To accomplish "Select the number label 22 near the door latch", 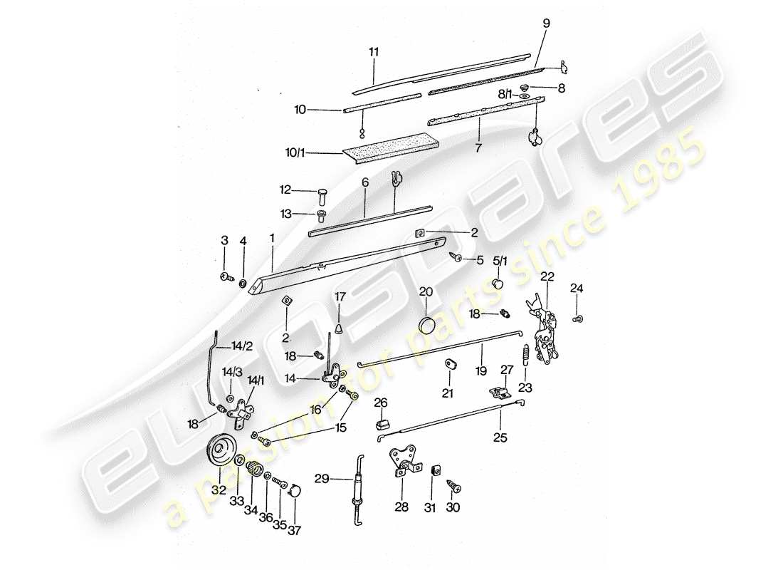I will click(547, 277).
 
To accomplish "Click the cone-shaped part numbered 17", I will click(340, 328).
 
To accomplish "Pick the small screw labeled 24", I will click(577, 318).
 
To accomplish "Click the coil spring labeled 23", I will click(525, 353).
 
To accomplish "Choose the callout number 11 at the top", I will click(374, 52).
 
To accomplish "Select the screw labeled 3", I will click(226, 276).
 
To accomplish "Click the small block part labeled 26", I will click(381, 425).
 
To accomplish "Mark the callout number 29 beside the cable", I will click(322, 480).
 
